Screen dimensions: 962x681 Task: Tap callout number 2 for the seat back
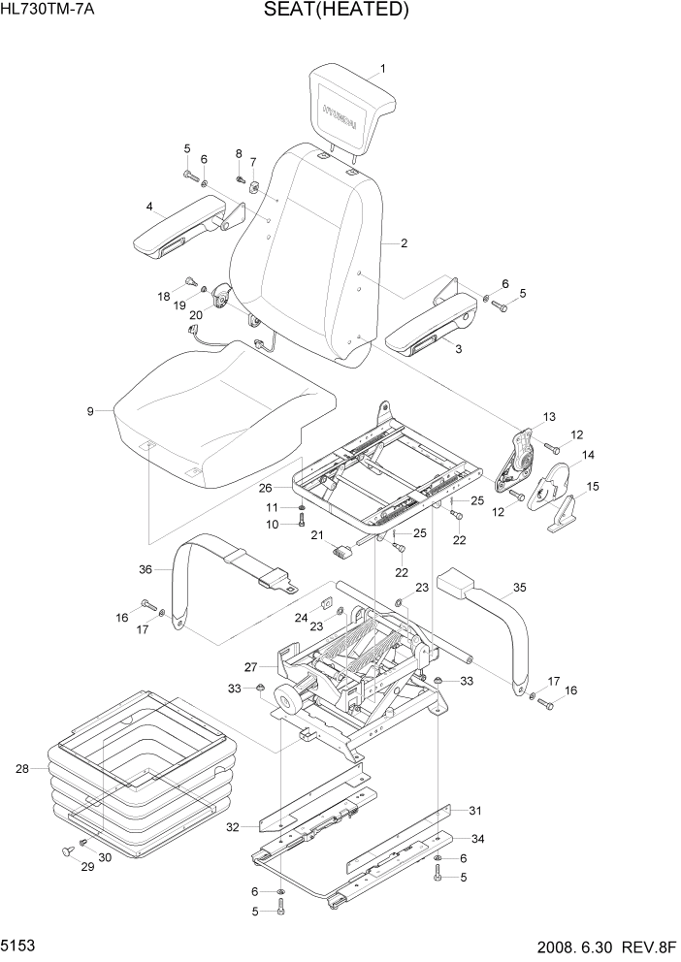tap(403, 243)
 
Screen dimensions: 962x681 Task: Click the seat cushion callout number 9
tap(90, 411)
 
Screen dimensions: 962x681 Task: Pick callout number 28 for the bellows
tap(21, 769)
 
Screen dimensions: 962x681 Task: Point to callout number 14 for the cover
tap(588, 454)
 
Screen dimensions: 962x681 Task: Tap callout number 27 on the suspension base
tap(250, 666)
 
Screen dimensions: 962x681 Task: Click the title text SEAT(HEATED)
tap(335, 11)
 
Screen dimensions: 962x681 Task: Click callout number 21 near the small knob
tap(316, 535)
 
